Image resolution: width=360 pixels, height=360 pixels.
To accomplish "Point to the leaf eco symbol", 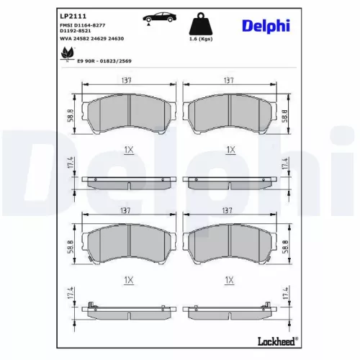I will (x=68, y=54).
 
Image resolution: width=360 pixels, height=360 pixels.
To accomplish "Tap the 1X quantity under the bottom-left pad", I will (x=128, y=278).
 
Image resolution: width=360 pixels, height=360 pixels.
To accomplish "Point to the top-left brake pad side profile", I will (x=128, y=181).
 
